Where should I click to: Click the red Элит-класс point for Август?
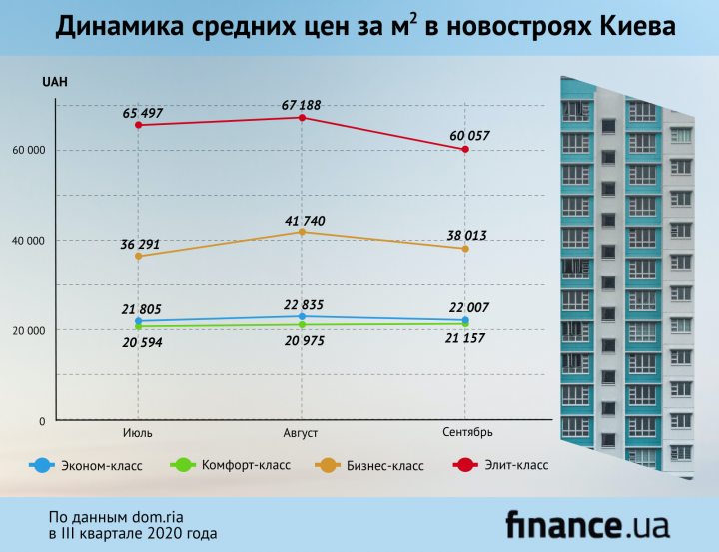pyautogui.click(x=302, y=117)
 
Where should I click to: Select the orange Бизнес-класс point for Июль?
pyautogui.click(x=138, y=257)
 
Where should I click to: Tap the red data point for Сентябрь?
pyautogui.click(x=465, y=149)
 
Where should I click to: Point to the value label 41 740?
pyautogui.click(x=301, y=221)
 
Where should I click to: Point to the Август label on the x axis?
pyautogui.click(x=302, y=432)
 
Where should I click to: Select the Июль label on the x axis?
pyautogui.click(x=138, y=432)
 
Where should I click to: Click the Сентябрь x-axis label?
pyautogui.click(x=466, y=432)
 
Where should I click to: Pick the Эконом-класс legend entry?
pyautogui.click(x=99, y=465)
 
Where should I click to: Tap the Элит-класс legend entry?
pyautogui.click(x=511, y=465)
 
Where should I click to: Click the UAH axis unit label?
pyautogui.click(x=54, y=82)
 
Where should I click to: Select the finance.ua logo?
pyautogui.click(x=586, y=524)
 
